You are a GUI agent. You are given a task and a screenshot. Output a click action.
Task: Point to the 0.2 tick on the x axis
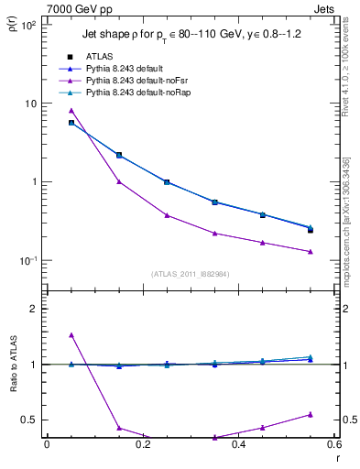click(142, 445)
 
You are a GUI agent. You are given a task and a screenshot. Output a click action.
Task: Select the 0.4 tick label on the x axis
click(238, 445)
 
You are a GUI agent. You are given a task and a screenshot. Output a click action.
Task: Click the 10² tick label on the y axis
click(28, 26)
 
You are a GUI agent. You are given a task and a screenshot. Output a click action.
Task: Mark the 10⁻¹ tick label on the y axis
click(28, 261)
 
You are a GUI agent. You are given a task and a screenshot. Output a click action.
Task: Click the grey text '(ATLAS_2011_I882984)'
click(190, 273)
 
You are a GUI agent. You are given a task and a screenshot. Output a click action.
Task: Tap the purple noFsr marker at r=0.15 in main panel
click(119, 181)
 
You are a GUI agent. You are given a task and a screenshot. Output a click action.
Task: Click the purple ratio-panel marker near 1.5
click(71, 335)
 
